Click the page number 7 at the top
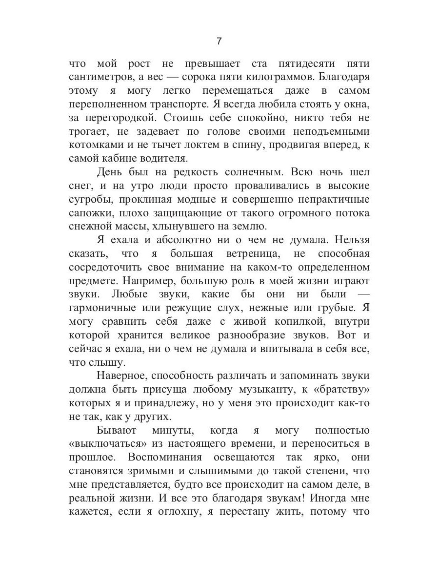tap(219, 42)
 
